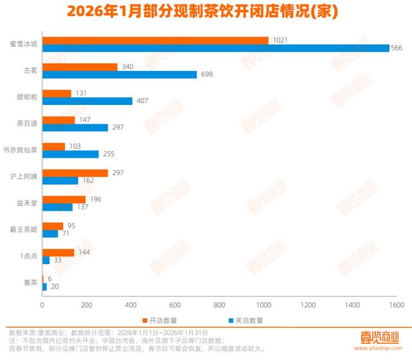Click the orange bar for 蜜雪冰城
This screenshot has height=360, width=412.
pos(154,41)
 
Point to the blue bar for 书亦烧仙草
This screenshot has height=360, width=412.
pos(70,155)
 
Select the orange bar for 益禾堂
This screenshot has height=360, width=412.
pos(64,199)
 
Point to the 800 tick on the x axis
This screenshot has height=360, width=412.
pos(219,305)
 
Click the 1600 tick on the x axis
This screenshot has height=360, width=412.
pos(395,305)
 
